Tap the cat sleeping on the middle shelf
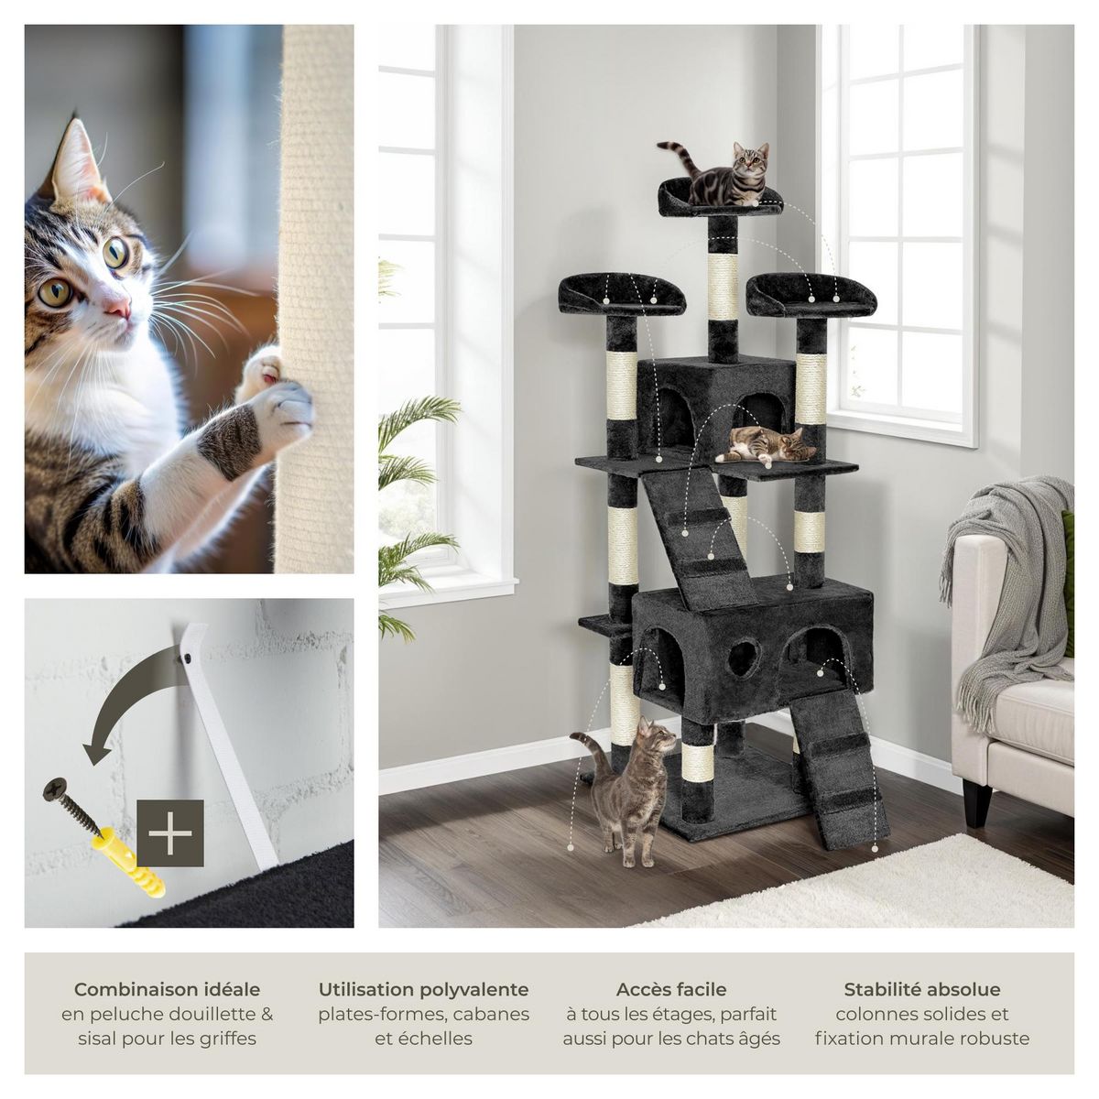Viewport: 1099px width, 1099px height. pyautogui.click(x=766, y=446)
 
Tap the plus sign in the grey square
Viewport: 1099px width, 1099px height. pyautogui.click(x=170, y=832)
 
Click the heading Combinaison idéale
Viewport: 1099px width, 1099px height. pyautogui.click(x=167, y=989)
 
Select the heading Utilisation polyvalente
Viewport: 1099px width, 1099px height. pyautogui.click(x=423, y=989)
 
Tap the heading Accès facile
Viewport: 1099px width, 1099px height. pyautogui.click(x=671, y=989)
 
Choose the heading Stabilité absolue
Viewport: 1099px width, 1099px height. pyautogui.click(x=921, y=989)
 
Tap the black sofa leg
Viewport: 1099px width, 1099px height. pyautogui.click(x=976, y=803)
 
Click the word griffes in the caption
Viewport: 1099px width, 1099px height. pyautogui.click(x=226, y=1039)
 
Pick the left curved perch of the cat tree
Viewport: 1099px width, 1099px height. pyautogui.click(x=621, y=295)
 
